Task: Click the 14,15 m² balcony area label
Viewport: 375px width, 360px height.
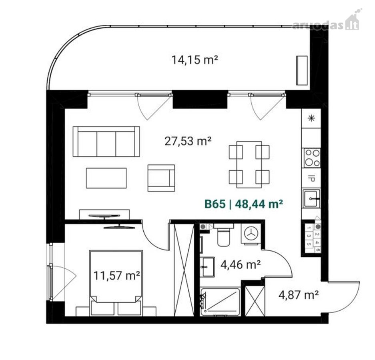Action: pyautogui.click(x=195, y=60)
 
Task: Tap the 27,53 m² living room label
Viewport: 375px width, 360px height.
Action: pyautogui.click(x=188, y=141)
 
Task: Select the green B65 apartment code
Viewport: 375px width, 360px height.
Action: pyautogui.click(x=215, y=204)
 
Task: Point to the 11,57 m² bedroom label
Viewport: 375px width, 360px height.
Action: pyautogui.click(x=116, y=276)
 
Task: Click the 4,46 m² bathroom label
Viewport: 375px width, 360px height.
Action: pyautogui.click(x=241, y=264)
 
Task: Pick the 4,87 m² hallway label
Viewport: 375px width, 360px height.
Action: pyautogui.click(x=298, y=295)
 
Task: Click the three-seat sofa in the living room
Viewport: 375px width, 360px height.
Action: pyautogui.click(x=106, y=142)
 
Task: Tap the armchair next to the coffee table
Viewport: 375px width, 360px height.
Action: pyautogui.click(x=161, y=178)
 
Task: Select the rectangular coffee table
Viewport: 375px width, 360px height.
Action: pyautogui.click(x=106, y=178)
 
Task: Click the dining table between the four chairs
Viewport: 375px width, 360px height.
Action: pyautogui.click(x=249, y=164)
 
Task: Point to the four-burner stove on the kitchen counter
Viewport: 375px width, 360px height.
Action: pyautogui.click(x=312, y=158)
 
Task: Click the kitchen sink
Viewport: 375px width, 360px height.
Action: pyautogui.click(x=311, y=198)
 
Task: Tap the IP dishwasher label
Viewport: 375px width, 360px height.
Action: pyautogui.click(x=311, y=178)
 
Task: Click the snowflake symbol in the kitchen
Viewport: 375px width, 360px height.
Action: pyautogui.click(x=311, y=118)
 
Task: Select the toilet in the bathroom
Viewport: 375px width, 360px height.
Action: pyautogui.click(x=224, y=235)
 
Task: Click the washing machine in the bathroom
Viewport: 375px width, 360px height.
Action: pyautogui.click(x=251, y=234)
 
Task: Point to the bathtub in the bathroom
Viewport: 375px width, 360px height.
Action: pyautogui.click(x=220, y=302)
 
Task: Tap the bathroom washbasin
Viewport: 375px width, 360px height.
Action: pyautogui.click(x=207, y=267)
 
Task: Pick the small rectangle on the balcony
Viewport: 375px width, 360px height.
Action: pyautogui.click(x=302, y=70)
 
